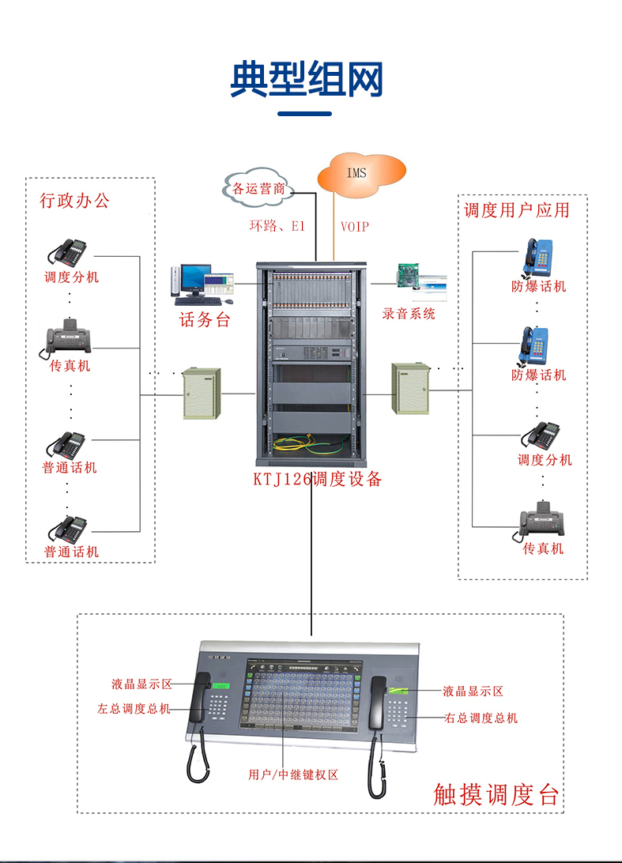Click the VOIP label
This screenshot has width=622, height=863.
[354, 227]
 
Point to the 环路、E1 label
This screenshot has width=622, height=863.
[277, 226]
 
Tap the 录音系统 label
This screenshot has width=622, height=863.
[409, 314]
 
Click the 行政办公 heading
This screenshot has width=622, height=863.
[75, 201]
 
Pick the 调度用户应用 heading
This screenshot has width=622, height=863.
[516, 209]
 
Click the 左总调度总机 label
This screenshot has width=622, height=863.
[134, 709]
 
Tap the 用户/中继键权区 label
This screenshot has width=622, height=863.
[293, 775]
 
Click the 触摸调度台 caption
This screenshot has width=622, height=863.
[496, 793]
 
